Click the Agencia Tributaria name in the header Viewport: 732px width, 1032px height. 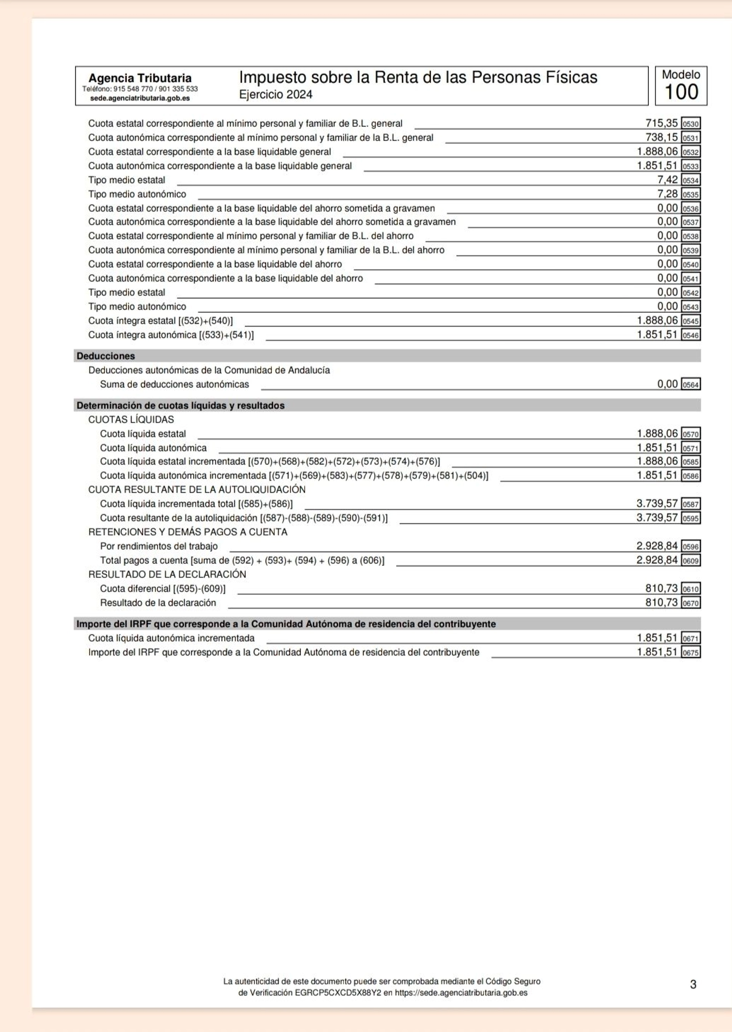[140, 78]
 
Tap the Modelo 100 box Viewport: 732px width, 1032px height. [681, 86]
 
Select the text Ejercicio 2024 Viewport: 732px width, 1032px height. [275, 94]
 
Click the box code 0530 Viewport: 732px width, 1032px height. [690, 124]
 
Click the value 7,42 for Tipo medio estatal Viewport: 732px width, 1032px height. [667, 180]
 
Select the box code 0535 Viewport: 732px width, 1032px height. [690, 195]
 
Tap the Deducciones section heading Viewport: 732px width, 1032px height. [106, 356]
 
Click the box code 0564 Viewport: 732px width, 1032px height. [690, 385]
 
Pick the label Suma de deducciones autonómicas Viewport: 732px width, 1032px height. [175, 384]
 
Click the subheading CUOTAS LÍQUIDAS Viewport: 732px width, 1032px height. [131, 419]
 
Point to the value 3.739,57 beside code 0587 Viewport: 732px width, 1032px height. [657, 503]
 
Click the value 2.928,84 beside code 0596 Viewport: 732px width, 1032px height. [657, 546]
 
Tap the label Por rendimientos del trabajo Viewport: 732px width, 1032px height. [159, 546]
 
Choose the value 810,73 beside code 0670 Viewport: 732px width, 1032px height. [661, 602]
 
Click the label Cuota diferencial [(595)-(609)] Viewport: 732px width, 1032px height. [163, 589]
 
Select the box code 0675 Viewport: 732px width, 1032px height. [690, 653]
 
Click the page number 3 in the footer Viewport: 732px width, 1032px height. [693, 984]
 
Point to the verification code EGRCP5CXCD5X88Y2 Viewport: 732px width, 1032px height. [338, 993]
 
